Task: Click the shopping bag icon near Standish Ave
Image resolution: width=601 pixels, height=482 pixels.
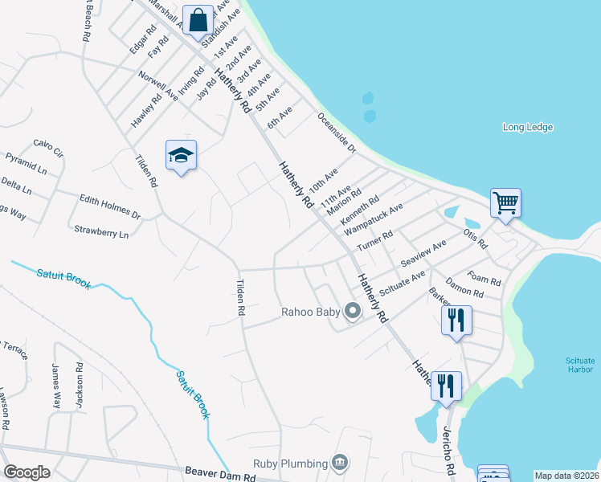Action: (198, 20)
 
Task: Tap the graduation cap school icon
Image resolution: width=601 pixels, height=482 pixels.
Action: (181, 154)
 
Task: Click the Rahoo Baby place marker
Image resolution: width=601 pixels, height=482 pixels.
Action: (351, 311)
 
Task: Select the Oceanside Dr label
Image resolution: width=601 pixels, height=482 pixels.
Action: (336, 133)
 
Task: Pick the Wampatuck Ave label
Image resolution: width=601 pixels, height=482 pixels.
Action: (374, 219)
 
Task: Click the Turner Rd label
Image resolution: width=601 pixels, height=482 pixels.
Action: (375, 239)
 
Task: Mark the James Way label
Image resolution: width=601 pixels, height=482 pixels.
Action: (56, 386)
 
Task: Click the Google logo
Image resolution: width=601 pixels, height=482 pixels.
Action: (27, 472)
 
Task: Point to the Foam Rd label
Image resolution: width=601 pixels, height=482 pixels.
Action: (484, 277)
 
